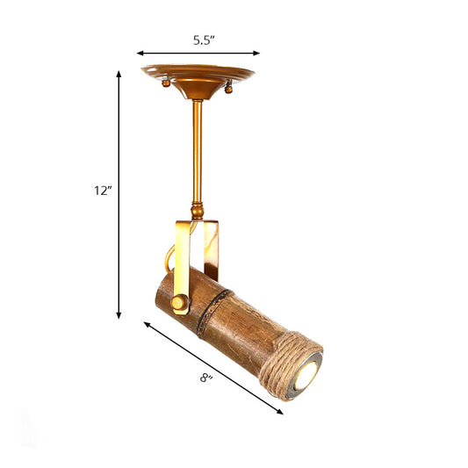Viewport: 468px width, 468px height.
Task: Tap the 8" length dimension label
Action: point(206,379)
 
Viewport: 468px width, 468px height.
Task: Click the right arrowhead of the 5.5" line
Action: point(257,53)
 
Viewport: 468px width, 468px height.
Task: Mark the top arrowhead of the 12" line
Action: point(119,74)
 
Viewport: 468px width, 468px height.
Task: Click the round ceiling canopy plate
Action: point(198,74)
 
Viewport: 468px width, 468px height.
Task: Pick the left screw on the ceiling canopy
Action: point(167,83)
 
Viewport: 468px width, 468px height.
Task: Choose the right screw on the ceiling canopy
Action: point(230,86)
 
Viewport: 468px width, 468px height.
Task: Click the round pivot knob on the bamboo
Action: point(180,303)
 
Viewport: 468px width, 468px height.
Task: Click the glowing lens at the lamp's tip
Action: point(305,377)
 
